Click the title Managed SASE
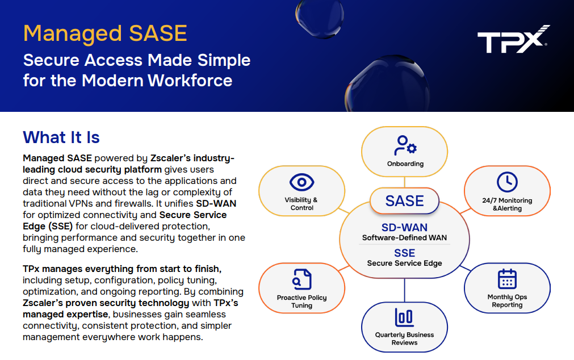(x=105, y=34)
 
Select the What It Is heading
(x=61, y=137)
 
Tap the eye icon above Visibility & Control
(x=301, y=182)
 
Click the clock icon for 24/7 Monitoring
(x=506, y=182)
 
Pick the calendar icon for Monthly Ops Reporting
(x=506, y=279)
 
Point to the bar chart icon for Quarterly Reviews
(x=404, y=317)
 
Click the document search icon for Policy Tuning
(x=301, y=279)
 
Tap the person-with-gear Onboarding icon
(x=405, y=146)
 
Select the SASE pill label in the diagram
(x=404, y=201)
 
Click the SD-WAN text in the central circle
(x=404, y=228)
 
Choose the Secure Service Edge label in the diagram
(x=404, y=263)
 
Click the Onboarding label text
(x=405, y=164)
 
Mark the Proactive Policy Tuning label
(x=301, y=302)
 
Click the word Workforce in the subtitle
(x=190, y=81)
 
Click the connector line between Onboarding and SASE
(x=405, y=182)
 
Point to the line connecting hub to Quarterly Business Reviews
(x=405, y=290)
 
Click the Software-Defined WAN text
(x=404, y=238)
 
